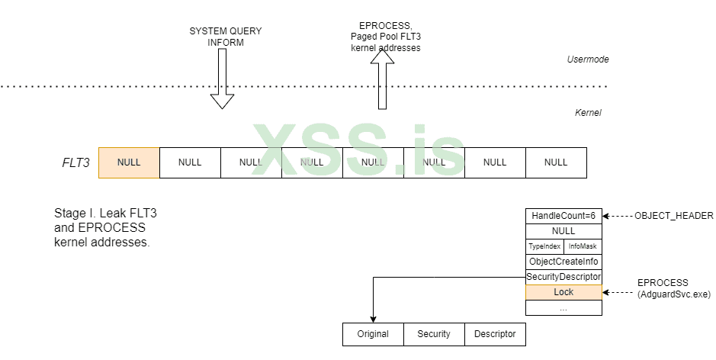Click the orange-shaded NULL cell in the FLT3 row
(129, 162)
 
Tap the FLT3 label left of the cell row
(75, 162)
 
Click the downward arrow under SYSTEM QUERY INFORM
(222, 81)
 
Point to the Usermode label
(588, 59)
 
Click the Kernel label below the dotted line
(588, 113)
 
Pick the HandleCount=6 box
(563, 216)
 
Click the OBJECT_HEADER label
(674, 216)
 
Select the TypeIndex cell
(544, 246)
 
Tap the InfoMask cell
(583, 246)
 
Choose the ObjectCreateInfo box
(563, 262)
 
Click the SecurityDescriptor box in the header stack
(563, 277)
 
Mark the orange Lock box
(563, 292)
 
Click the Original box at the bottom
(373, 334)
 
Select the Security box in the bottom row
(434, 334)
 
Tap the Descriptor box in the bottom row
(495, 334)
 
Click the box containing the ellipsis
(563, 307)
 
